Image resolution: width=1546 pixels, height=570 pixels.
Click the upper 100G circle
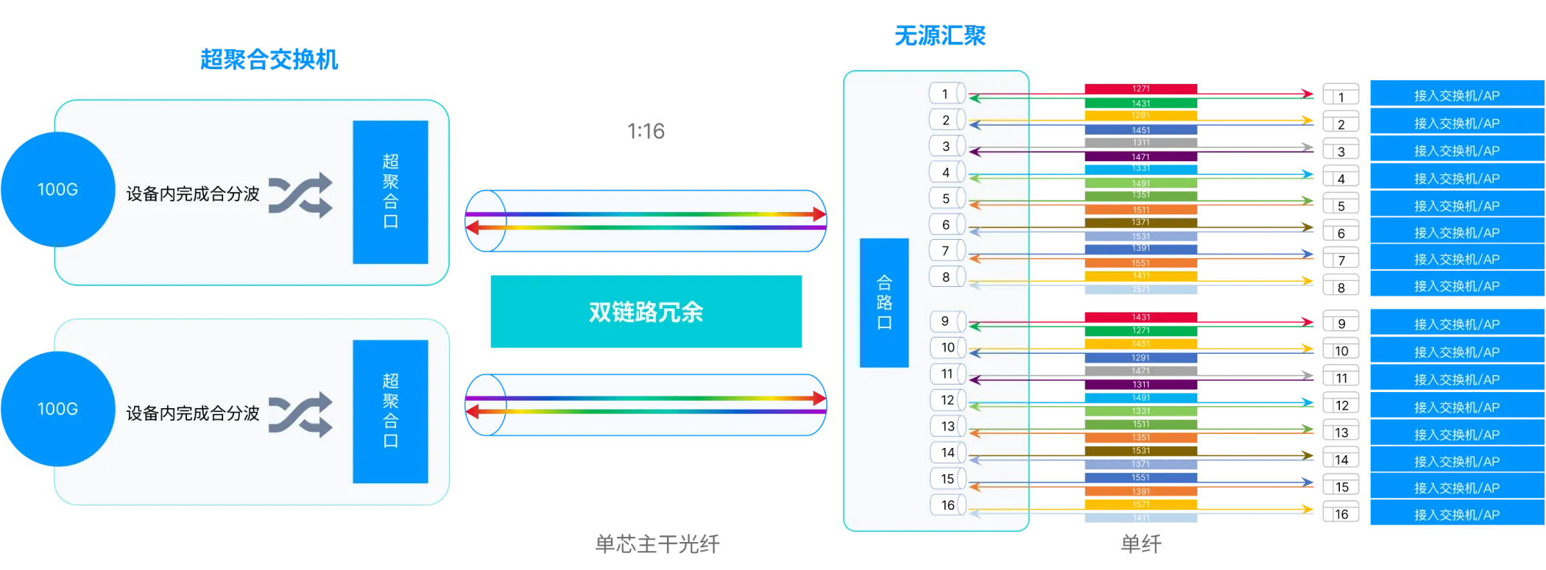58,189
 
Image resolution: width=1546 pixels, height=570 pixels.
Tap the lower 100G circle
58,409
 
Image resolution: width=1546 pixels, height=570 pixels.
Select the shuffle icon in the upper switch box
300,196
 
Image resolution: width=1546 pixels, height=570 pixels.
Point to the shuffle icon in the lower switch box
300,416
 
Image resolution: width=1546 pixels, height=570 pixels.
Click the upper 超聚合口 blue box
390,192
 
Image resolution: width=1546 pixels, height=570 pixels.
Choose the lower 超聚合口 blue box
390,411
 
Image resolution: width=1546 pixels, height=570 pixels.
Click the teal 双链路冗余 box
646,312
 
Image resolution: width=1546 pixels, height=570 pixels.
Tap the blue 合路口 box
884,302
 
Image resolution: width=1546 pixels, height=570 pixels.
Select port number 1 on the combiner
946,94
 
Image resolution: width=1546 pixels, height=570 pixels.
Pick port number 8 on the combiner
946,277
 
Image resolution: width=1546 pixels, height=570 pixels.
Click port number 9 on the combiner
946,321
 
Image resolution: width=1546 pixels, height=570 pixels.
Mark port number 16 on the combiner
947,505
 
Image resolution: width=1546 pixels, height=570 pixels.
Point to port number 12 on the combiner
947,400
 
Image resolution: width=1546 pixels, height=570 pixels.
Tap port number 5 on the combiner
946,199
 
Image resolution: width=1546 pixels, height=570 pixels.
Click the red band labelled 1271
1140,89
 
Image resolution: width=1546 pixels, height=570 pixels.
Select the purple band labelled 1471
1140,157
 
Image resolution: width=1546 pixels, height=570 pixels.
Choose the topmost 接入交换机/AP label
1456,96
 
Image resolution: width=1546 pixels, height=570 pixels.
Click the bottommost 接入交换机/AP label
1456,515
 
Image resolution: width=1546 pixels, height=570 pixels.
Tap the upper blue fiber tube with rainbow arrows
646,221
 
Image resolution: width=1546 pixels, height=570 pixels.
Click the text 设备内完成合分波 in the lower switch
193,413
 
